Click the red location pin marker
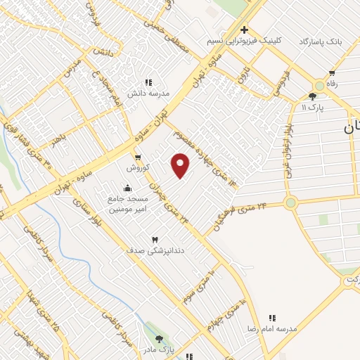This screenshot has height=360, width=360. tap(181, 165)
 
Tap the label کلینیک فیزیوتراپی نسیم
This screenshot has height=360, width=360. tap(244, 41)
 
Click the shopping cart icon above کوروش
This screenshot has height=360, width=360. tap(138, 157)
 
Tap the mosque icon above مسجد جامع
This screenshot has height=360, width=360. tap(127, 188)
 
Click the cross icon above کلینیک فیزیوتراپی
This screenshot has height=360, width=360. tap(244, 30)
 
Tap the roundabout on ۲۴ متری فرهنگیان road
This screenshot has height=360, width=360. tap(290, 203)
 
